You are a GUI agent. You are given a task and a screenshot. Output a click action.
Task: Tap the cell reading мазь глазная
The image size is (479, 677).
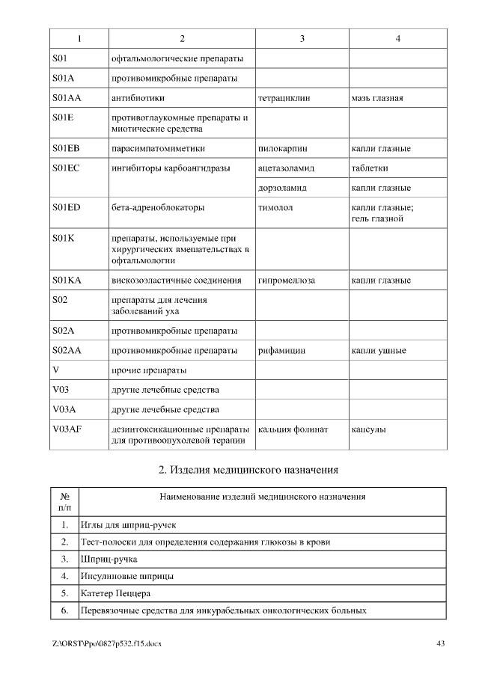pos(377,98)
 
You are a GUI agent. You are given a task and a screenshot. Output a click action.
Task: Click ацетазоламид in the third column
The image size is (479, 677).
pos(286,168)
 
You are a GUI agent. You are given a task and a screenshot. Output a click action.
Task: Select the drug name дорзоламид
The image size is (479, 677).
pos(282,188)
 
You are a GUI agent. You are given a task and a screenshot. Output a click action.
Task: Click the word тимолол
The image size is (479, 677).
pos(275,207)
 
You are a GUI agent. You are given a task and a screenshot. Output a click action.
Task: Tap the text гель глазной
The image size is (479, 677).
pos(377,219)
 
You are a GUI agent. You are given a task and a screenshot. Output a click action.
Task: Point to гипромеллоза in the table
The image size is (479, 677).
pos(286,281)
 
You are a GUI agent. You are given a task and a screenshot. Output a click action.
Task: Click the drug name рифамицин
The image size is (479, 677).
pos(281,350)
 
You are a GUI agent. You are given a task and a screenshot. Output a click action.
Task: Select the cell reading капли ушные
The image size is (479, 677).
pos(379,350)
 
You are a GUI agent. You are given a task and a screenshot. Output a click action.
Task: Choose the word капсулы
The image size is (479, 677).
pos(369,429)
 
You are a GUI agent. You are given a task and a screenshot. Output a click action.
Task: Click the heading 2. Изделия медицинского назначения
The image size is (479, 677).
pos(248,470)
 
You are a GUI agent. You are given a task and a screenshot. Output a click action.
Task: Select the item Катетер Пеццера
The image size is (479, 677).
pos(115,594)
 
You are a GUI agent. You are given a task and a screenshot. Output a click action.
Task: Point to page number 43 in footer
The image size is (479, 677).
pos(441,643)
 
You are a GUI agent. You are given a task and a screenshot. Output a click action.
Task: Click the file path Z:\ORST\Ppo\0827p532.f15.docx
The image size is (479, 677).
pos(107,643)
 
